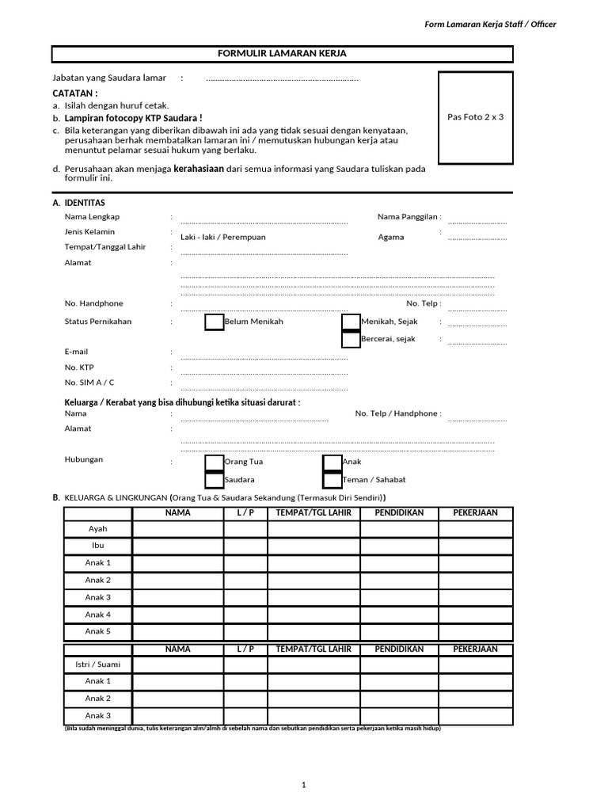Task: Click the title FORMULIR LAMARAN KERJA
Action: (282, 54)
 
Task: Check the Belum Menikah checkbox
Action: (214, 322)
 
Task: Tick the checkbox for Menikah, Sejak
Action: (351, 322)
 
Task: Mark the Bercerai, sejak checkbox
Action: (351, 340)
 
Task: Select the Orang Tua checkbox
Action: (214, 463)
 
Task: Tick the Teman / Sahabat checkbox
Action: (332, 480)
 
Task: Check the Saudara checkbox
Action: (214, 480)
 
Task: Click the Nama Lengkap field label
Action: (92, 217)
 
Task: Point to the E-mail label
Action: (77, 352)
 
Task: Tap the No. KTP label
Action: (79, 367)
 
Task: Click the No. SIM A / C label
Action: (89, 383)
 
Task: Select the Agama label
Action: (391, 238)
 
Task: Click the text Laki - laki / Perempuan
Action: (223, 238)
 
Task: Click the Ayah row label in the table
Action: (97, 528)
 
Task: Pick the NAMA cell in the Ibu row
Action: (178, 546)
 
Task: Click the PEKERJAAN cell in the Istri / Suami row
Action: (475, 664)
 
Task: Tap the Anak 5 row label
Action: (97, 631)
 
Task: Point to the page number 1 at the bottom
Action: (303, 785)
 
